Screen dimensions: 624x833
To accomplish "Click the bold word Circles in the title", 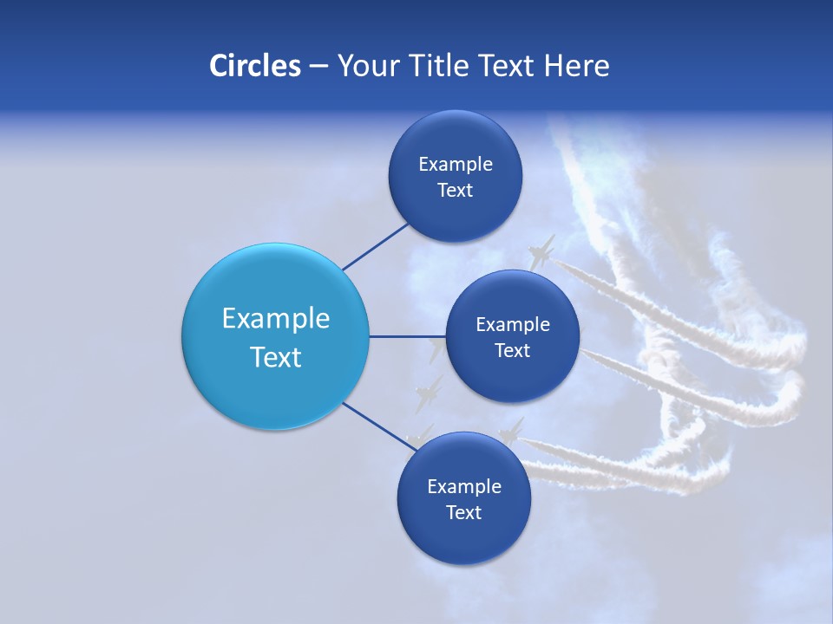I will pos(254,66).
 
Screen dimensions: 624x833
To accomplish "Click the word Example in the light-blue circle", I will pos(276,319).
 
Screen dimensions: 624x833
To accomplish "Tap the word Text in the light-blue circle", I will pos(276,357).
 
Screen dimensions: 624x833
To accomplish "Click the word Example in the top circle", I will pos(455,165).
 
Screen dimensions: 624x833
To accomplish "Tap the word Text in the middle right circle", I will pos(512,351).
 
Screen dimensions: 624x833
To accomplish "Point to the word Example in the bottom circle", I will pos(463,487).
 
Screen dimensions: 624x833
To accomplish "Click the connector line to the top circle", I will pos(375,246).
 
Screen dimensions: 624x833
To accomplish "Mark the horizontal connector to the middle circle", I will pos(407,336).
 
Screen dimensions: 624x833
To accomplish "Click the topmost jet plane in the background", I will pos(541,251).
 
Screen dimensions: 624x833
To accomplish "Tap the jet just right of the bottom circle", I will pos(513,431).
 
